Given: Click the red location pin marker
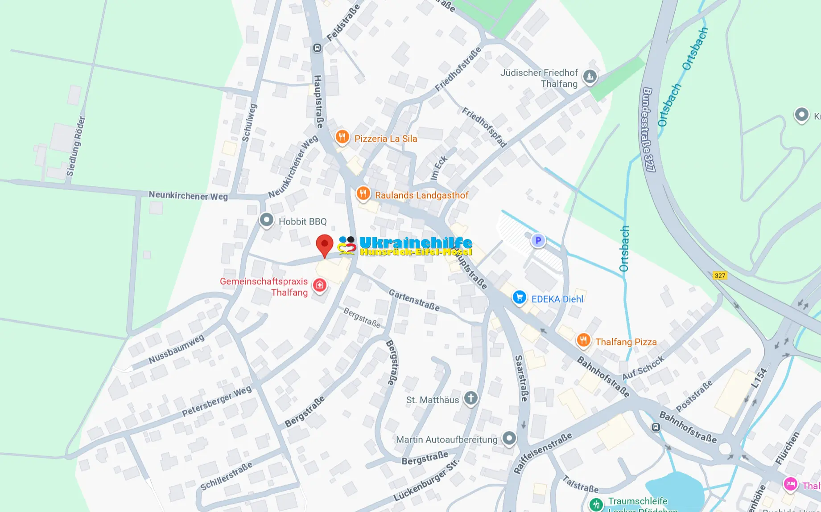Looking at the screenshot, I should tap(325, 245).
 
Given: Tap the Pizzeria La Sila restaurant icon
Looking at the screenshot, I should tap(342, 137).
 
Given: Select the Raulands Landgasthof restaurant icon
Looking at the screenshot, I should tap(363, 194).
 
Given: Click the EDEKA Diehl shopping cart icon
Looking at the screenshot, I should tap(519, 297).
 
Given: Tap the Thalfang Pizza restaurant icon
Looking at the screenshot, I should tap(583, 340).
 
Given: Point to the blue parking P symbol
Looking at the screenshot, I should tap(538, 241).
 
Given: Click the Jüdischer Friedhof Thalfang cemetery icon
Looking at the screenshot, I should tap(590, 76).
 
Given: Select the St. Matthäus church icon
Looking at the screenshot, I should tap(471, 397).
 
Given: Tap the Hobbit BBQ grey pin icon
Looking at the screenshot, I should tap(267, 220).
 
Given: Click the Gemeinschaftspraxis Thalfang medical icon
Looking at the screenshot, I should tap(320, 285).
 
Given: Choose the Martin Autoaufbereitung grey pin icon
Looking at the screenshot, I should tap(509, 438).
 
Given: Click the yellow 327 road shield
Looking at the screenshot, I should tap(720, 275).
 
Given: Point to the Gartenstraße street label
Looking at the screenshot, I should tap(414, 300).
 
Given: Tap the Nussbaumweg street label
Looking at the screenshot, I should tap(176, 349).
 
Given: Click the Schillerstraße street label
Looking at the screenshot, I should tap(226, 476).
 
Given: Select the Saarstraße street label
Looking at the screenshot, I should tap(521, 378).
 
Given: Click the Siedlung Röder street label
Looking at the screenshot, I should tap(75, 146).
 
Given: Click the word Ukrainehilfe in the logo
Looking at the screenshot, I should tap(415, 243).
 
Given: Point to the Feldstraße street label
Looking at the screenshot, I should tap(343, 23).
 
